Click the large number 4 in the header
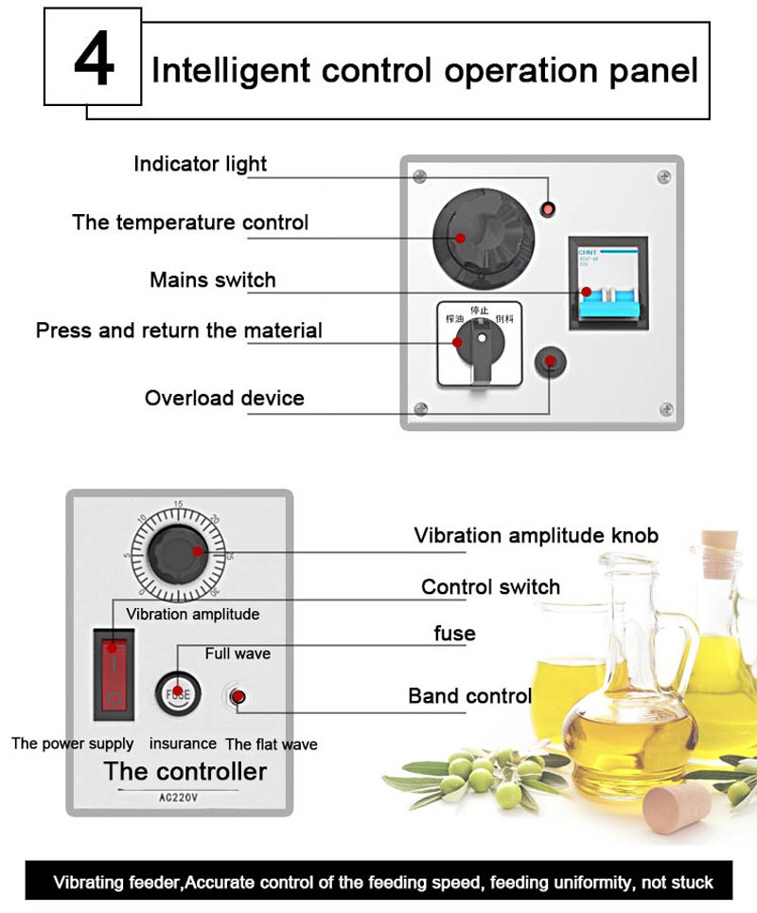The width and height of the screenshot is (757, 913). (x=94, y=60)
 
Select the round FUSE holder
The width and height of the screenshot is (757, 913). (x=178, y=691)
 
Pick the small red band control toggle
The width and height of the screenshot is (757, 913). (x=237, y=698)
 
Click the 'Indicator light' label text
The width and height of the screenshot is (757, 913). (x=200, y=164)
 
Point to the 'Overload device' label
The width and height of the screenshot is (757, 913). (x=224, y=398)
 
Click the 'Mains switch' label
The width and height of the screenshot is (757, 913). (x=212, y=280)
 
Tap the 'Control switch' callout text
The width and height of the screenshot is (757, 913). (x=490, y=587)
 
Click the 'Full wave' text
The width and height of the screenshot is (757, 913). (x=238, y=653)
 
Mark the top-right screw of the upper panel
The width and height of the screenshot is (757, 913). (x=664, y=176)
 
